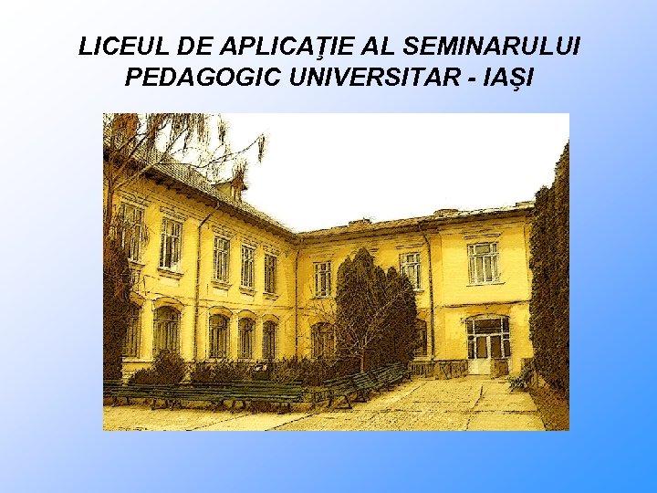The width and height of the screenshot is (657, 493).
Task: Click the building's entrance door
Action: coord(487,345)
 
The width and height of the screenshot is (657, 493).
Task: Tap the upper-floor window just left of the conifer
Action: coord(322,278)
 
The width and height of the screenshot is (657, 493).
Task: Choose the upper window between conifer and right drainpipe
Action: coord(411,269)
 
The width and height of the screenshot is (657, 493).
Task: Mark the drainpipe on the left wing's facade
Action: coord(198,283)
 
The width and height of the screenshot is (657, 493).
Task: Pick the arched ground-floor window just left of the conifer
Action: coord(322,340)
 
